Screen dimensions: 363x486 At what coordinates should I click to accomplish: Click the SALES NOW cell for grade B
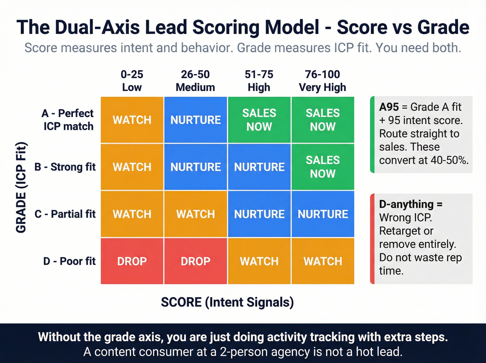322,167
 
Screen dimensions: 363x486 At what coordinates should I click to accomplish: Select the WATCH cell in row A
132,120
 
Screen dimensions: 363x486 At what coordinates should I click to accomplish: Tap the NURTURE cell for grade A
195,120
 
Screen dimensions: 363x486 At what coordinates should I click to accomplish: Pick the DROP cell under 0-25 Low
132,261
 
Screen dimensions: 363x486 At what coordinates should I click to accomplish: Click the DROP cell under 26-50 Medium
195,261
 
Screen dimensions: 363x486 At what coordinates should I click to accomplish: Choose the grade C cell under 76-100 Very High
322,214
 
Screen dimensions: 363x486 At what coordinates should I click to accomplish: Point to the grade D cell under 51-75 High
259,261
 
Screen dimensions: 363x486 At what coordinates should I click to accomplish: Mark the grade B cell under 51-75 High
259,167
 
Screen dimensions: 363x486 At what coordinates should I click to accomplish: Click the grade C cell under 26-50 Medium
195,214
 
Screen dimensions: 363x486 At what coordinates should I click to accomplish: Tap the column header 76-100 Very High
322,81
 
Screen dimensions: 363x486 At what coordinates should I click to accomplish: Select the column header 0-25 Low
132,81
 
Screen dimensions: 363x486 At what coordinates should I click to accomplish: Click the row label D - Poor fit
69,261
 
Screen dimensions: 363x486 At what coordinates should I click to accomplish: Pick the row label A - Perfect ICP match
68,120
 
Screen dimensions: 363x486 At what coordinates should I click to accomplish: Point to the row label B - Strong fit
65,167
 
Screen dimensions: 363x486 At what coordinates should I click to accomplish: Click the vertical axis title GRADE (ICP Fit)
21,188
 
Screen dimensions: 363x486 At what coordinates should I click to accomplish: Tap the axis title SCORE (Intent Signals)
227,302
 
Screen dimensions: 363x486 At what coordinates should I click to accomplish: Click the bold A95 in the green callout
389,107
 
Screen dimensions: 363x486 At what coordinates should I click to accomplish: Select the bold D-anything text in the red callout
407,204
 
